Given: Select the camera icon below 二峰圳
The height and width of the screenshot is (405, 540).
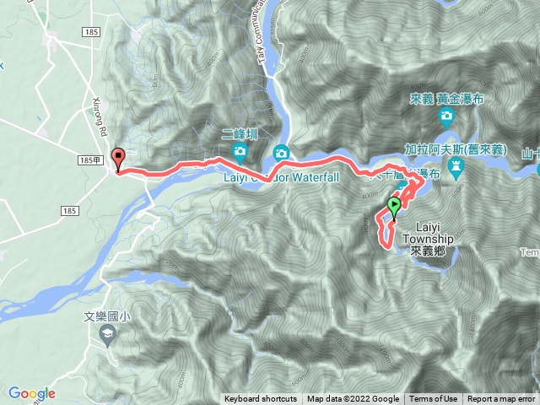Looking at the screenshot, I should (x=240, y=153).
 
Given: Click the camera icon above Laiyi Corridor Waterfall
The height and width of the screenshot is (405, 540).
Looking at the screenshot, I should (x=281, y=153).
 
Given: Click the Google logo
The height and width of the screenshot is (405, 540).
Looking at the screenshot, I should (x=31, y=393).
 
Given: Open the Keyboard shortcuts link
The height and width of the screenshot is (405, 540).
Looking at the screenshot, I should (x=261, y=399).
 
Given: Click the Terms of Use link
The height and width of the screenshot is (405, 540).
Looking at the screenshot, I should (x=434, y=399).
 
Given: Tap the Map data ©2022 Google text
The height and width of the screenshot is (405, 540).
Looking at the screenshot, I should (x=353, y=399).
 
